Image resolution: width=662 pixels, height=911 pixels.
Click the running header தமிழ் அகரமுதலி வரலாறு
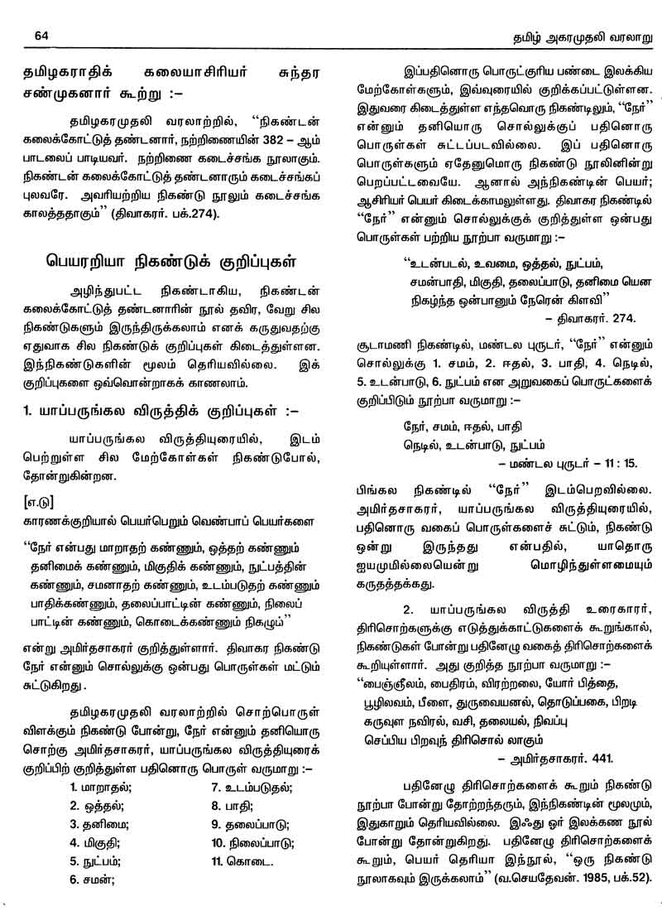(572, 36)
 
